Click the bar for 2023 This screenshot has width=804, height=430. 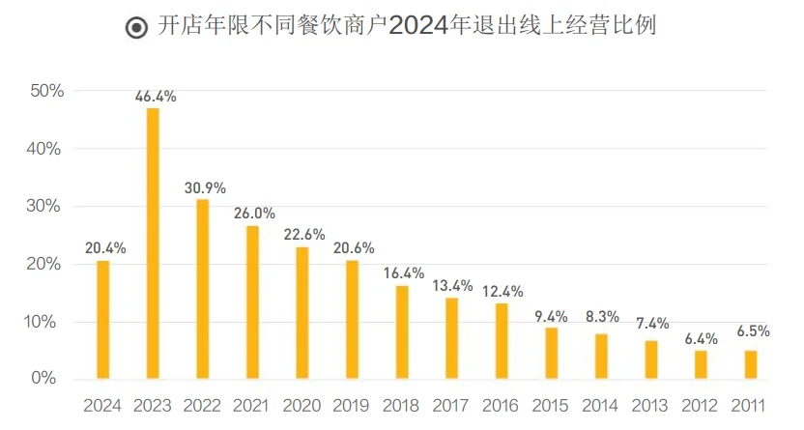153,243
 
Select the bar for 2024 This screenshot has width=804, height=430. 102,320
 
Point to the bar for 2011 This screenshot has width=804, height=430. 751,364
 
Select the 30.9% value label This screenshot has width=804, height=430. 204,187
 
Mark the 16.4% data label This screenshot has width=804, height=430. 403,272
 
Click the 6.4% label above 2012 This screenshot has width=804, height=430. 702,338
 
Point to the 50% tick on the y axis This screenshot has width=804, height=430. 46,92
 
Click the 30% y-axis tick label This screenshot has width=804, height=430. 46,207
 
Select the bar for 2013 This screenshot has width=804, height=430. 651,358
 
